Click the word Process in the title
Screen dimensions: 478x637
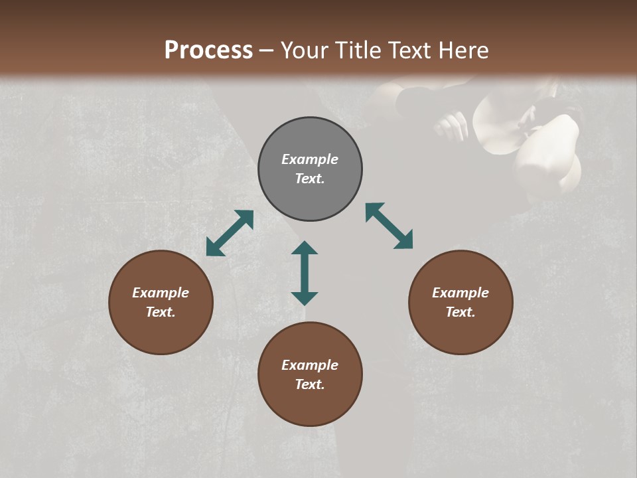(x=208, y=50)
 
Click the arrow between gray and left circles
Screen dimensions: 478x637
(x=230, y=233)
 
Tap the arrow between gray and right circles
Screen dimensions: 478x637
(x=389, y=226)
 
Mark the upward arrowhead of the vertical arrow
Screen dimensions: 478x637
(x=305, y=248)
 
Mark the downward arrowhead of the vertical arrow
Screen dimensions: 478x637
(x=305, y=298)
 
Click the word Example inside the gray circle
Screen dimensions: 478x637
(x=310, y=159)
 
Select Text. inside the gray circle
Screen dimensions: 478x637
(x=310, y=179)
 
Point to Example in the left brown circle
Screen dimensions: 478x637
(x=161, y=293)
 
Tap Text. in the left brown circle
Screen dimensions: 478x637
(x=161, y=312)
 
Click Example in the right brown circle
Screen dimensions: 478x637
(x=460, y=293)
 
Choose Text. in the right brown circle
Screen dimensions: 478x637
(x=460, y=312)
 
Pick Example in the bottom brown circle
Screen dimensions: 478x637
(x=310, y=365)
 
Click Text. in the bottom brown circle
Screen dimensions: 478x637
(x=310, y=384)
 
